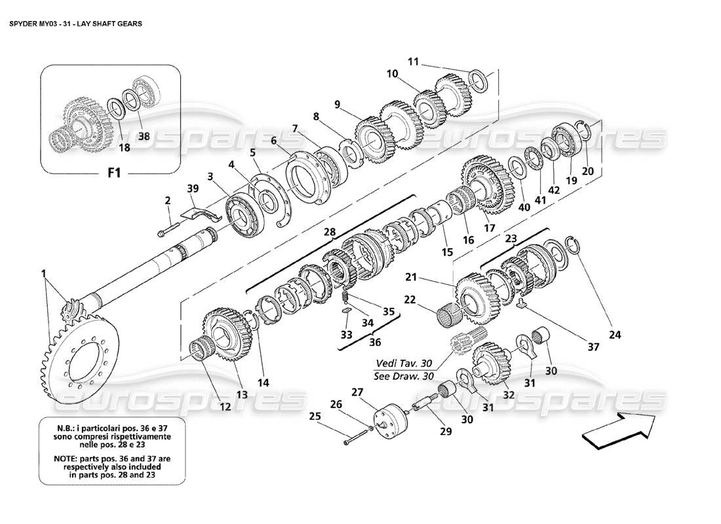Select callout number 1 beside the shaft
(x=44, y=274)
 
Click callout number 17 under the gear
(x=489, y=229)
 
